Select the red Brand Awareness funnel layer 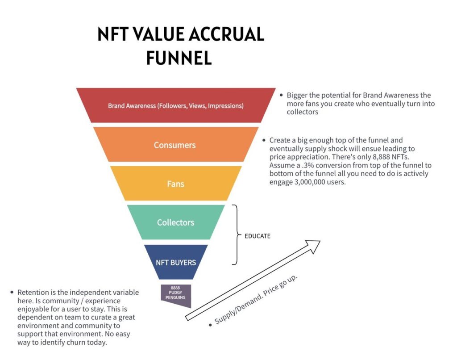point(176,106)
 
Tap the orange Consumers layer point(174,145)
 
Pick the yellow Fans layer point(175,184)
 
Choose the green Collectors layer point(175,222)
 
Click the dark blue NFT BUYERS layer point(175,262)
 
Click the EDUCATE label point(258,236)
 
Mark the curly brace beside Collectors point(235,234)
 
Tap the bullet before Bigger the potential point(281,96)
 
